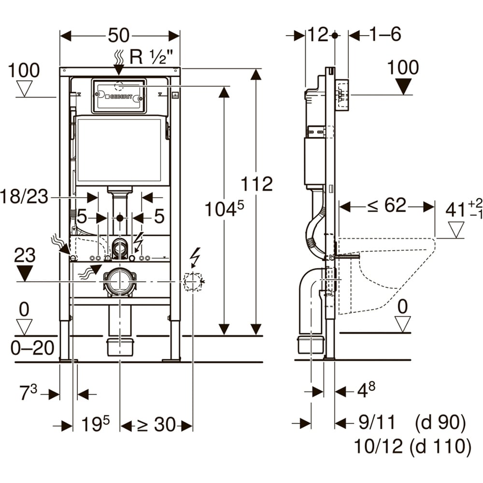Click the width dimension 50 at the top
(119, 35)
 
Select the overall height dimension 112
(257, 184)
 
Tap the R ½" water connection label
(151, 57)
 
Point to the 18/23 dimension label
(25, 197)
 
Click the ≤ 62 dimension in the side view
(387, 206)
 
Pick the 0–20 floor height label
(33, 348)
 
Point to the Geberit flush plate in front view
(119, 96)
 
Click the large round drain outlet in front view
(119, 281)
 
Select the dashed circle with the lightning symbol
(192, 281)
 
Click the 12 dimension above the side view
(318, 35)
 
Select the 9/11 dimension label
(376, 423)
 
